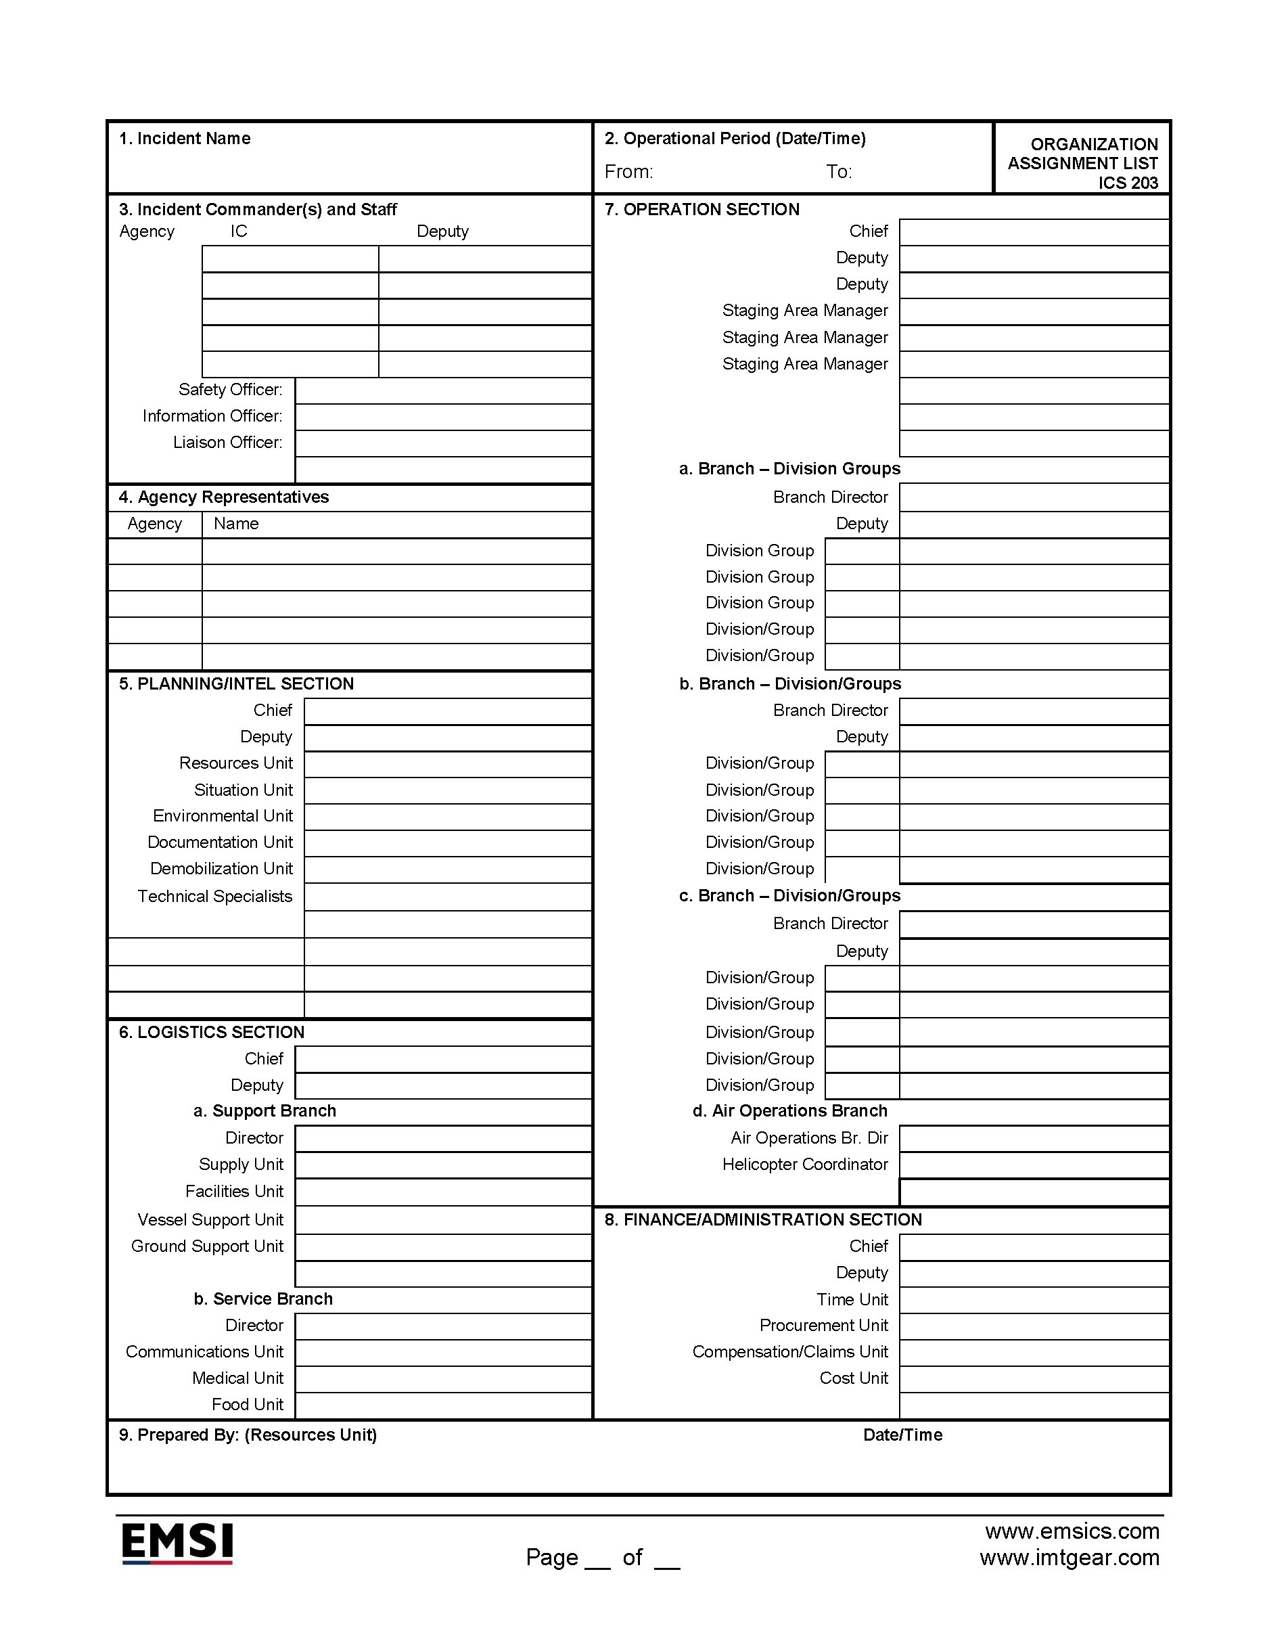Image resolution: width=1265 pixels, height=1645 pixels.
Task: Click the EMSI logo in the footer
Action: (177, 1543)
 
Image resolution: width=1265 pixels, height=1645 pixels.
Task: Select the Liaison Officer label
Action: (227, 442)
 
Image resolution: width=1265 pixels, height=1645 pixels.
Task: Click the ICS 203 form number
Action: (1127, 183)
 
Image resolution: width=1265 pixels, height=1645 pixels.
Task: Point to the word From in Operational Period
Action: (628, 172)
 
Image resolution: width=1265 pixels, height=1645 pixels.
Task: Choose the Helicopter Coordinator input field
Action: (1034, 1165)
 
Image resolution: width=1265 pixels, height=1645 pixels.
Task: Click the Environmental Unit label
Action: (222, 815)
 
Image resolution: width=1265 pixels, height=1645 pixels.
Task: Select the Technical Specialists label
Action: (214, 897)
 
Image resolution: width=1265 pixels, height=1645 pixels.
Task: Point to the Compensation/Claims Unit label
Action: (790, 1352)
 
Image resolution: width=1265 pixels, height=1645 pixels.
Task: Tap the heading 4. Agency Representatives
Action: (224, 497)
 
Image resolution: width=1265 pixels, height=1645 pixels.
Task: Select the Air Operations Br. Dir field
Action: (1034, 1139)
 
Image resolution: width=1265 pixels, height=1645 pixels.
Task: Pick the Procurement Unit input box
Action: (1034, 1326)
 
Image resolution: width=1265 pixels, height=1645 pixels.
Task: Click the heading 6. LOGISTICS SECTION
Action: (212, 1033)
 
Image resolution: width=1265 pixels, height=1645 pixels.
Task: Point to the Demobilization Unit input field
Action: (447, 870)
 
